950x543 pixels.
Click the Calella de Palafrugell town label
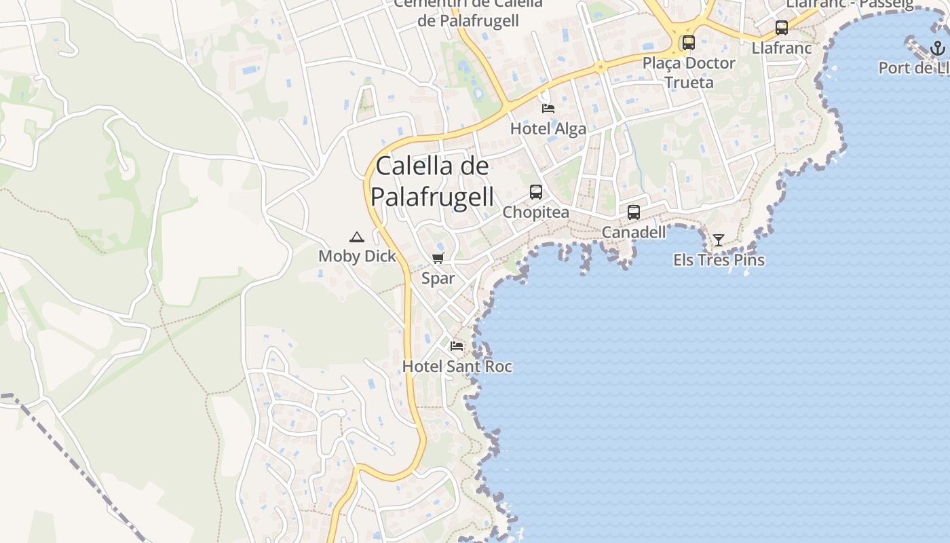[432, 181]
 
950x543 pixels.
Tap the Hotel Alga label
[548, 129]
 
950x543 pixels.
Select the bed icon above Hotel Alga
[548, 109]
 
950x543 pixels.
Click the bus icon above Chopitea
[536, 192]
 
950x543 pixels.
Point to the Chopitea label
[535, 212]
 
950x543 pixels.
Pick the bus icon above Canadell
[634, 212]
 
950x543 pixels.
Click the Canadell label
[634, 233]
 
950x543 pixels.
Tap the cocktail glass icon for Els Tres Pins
[718, 240]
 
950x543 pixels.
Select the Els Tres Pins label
[719, 260]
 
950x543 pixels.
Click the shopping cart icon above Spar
[438, 258]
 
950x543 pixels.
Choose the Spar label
[438, 278]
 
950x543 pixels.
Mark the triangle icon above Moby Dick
[357, 237]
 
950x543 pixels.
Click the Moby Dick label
[357, 257]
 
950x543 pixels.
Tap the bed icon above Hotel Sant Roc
[457, 346]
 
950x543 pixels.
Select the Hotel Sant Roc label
[457, 367]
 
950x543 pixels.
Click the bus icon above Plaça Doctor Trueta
[689, 42]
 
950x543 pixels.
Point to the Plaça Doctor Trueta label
[689, 73]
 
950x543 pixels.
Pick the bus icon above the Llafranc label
[782, 28]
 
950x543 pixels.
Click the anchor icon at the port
[937, 48]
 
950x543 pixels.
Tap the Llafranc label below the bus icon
[782, 48]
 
